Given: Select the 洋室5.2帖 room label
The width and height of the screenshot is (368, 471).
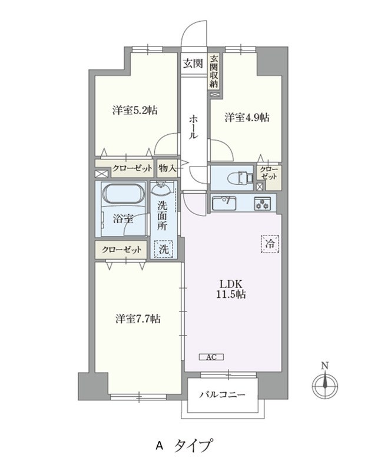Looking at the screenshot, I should pos(134,110).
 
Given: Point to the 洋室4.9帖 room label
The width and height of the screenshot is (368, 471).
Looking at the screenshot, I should pos(247,117).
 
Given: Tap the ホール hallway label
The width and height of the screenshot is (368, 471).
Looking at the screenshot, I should pos(194,127).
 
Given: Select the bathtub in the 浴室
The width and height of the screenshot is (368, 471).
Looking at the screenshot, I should pos(122,194).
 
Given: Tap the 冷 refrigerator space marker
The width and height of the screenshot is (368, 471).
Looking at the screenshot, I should pos(268,243).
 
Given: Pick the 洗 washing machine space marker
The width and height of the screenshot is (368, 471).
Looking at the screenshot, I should pos(164,249).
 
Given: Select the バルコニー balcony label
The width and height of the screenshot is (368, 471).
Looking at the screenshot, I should pos(221,394).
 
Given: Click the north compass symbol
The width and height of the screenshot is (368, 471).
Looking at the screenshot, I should pos(323,386).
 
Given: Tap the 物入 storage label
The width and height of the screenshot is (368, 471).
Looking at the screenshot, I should pos(167,168).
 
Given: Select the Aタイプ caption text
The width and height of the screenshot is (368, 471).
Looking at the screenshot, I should pos(184,446).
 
